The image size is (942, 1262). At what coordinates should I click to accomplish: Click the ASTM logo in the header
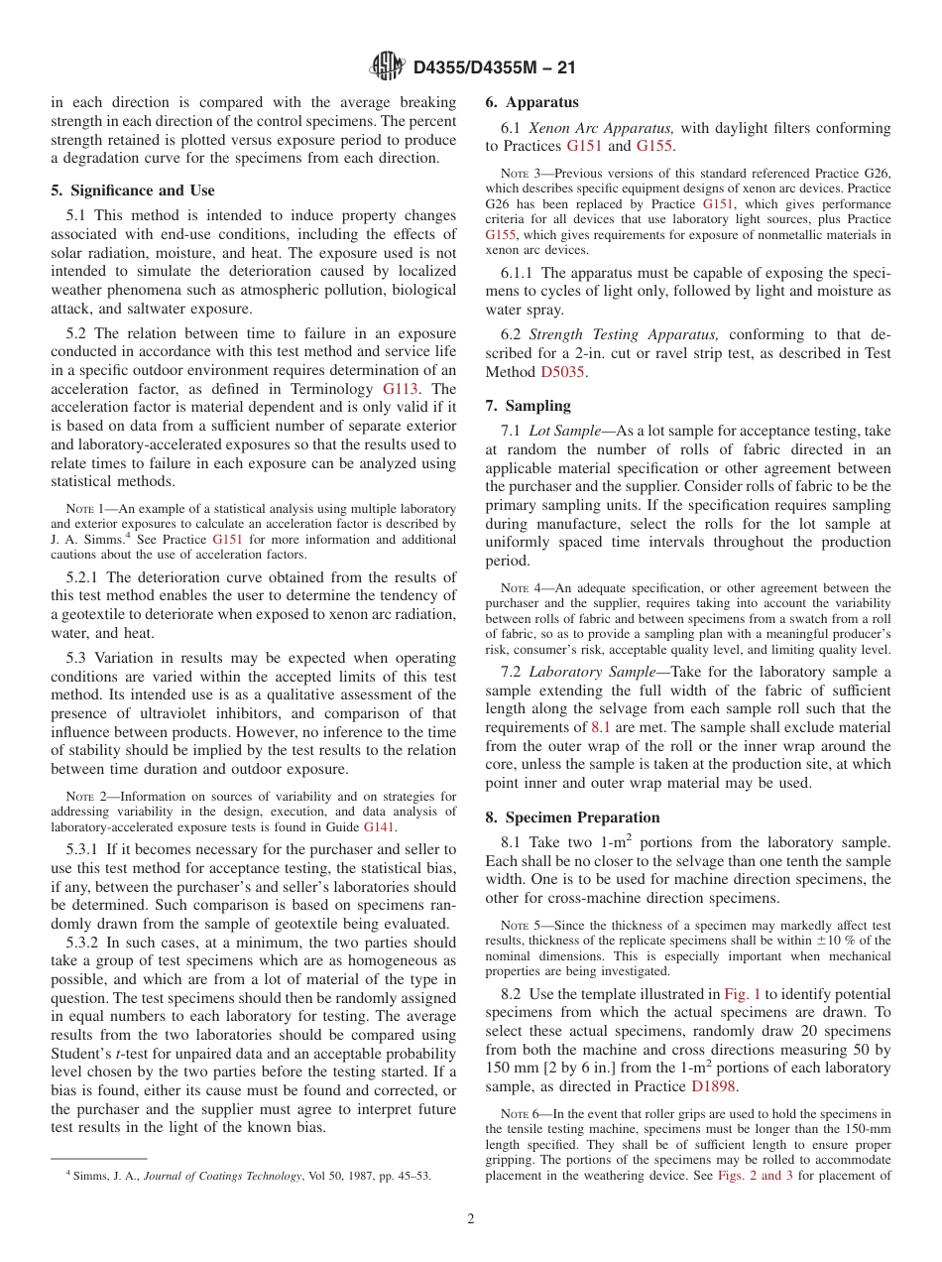[x=387, y=67]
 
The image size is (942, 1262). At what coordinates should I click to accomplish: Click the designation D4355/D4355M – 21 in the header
[x=494, y=68]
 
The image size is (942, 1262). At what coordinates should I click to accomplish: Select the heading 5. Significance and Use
[x=132, y=190]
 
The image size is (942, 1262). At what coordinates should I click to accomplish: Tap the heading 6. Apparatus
[x=531, y=102]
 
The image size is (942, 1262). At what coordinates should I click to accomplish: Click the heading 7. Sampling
[x=528, y=406]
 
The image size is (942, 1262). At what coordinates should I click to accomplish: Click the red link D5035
[x=563, y=372]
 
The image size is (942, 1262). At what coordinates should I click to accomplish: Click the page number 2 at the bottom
[x=470, y=1219]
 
